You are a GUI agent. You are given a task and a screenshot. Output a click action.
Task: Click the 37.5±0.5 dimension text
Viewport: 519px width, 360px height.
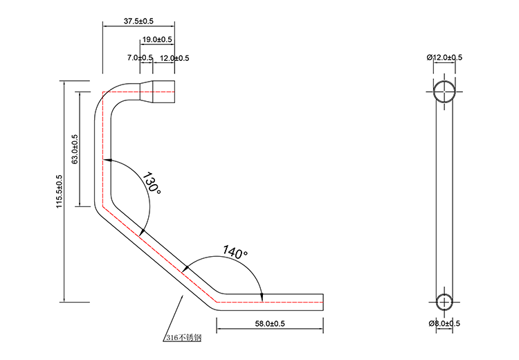(x=138, y=21)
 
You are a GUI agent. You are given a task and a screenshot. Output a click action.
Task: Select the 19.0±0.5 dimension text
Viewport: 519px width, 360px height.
(x=158, y=39)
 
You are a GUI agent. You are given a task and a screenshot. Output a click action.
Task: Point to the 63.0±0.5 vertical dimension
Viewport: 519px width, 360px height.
(x=75, y=148)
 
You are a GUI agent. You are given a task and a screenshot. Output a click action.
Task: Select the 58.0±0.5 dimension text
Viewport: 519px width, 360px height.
(x=271, y=323)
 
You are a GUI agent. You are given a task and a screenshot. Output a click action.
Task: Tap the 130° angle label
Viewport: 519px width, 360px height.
(x=152, y=183)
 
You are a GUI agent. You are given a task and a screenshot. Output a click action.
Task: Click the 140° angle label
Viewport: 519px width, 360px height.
(x=235, y=253)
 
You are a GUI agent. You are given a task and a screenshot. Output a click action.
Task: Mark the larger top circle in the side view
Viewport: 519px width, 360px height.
(x=444, y=91)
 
